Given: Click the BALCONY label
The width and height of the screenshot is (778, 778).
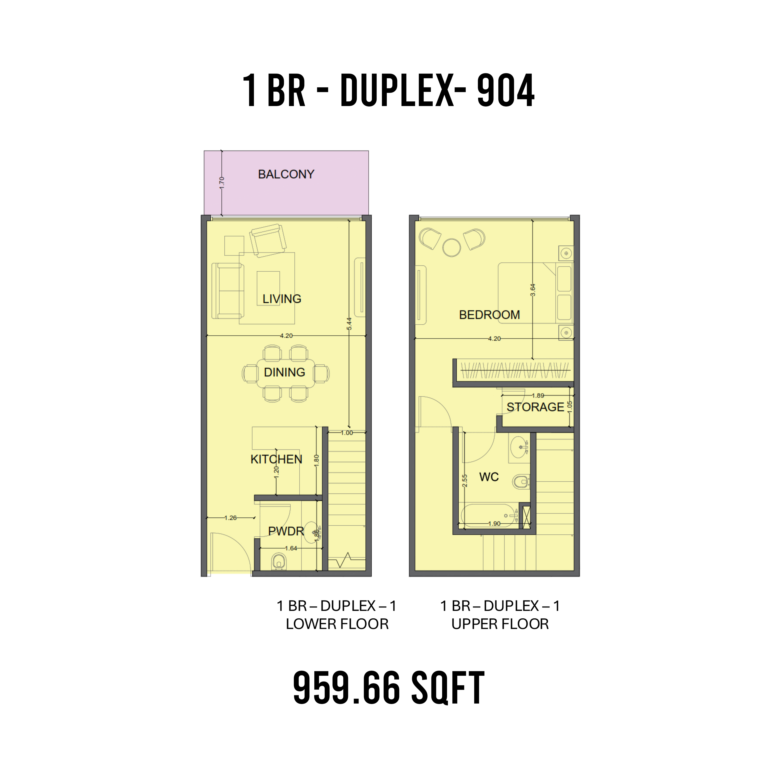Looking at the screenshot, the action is pyautogui.click(x=286, y=174).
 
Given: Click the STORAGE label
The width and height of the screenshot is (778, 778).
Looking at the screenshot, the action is pyautogui.click(x=535, y=407).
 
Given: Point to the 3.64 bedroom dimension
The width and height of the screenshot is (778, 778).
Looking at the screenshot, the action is pyautogui.click(x=533, y=290).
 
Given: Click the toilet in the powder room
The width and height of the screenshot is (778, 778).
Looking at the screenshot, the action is pyautogui.click(x=279, y=561).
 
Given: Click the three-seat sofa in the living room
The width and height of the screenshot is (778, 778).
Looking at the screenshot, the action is pyautogui.click(x=228, y=291).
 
